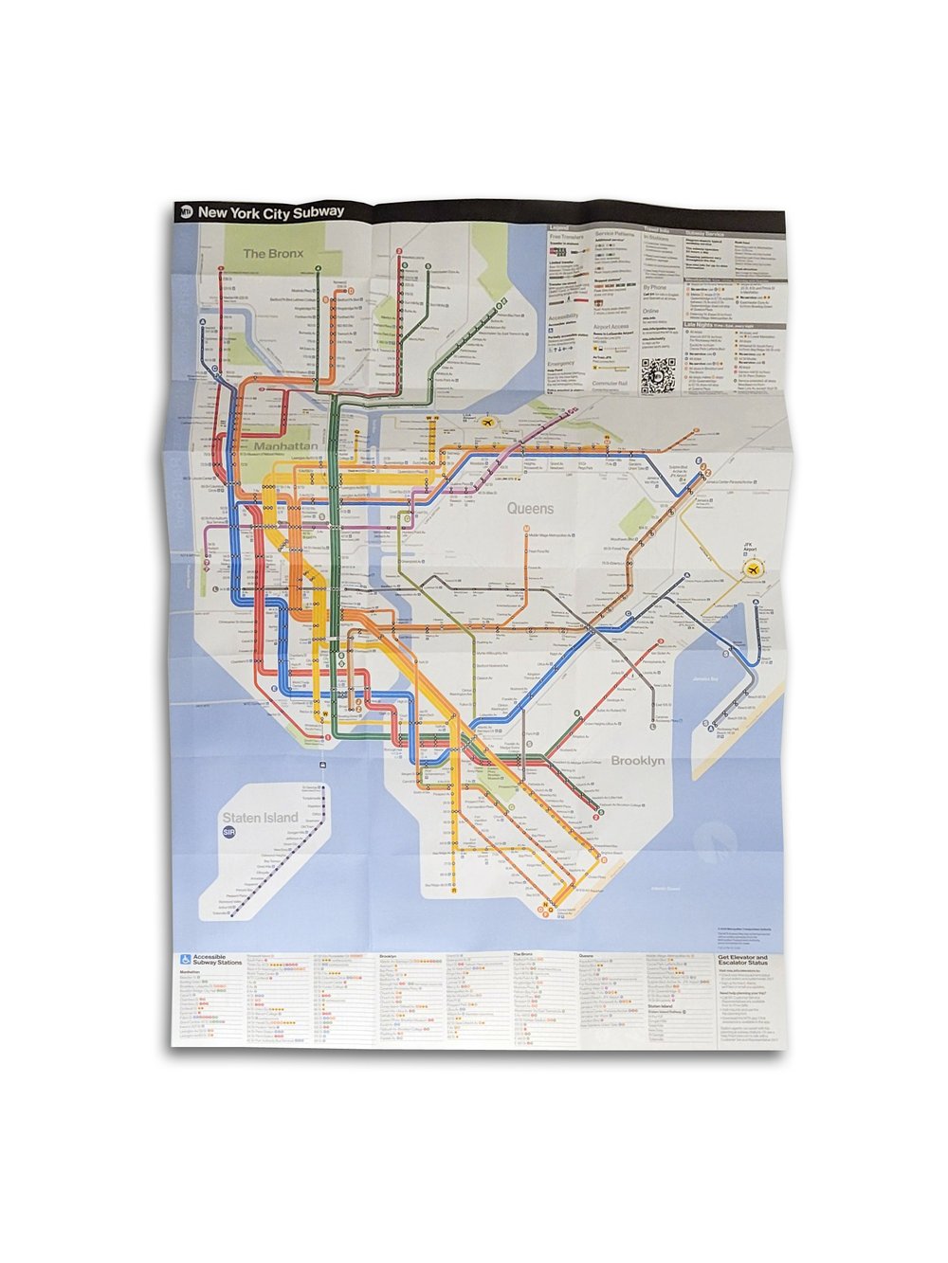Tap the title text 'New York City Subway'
270,212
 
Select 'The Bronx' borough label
273,253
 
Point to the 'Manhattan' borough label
285,445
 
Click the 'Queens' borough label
530,509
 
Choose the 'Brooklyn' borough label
637,761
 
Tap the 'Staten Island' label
260,817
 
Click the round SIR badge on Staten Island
228,833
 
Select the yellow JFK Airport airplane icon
753,568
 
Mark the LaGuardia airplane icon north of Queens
488,423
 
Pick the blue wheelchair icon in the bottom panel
186,960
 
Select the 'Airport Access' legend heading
611,327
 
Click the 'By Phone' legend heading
655,287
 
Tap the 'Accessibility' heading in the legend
564,317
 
